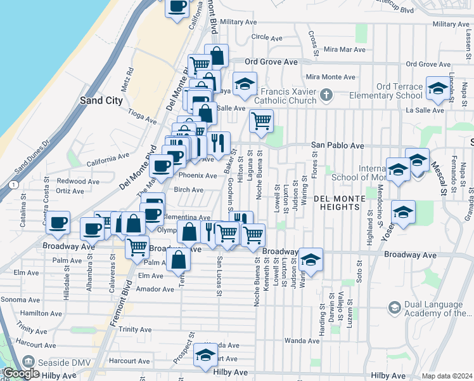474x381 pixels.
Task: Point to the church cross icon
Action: pos(326,95)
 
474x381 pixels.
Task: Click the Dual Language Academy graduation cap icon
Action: pos(394,308)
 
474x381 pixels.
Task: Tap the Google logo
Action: pos(21,373)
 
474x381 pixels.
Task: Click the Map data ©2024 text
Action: pos(447,376)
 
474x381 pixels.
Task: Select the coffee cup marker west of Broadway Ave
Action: pos(58,223)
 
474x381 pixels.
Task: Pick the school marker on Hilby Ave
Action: pos(205,356)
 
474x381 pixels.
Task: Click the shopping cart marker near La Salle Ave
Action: pos(261,121)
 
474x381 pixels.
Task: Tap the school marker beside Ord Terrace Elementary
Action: pos(437,90)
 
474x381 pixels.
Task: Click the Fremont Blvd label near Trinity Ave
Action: pos(120,309)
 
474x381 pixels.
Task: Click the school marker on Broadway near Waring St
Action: pos(311,260)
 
